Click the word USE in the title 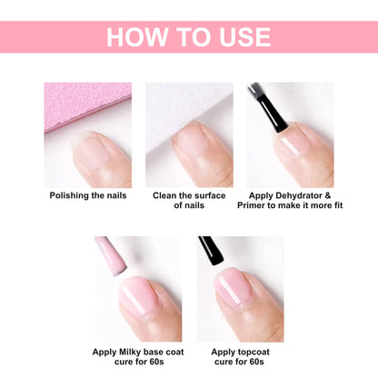tap(241, 37)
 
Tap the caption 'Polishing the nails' tap(87, 194)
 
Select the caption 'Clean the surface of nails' tap(189, 200)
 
